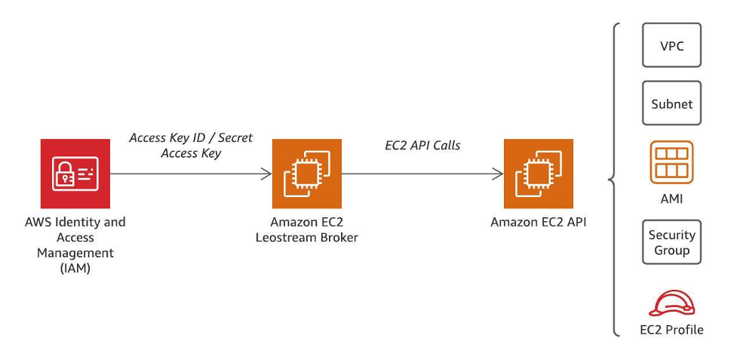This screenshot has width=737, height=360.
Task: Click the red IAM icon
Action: (x=74, y=174)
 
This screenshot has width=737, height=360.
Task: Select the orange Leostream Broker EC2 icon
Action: (x=306, y=174)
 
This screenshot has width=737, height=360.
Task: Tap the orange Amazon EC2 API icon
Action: (x=538, y=174)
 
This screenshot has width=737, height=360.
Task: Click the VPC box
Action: (x=671, y=45)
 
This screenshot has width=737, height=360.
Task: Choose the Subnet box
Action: (x=671, y=103)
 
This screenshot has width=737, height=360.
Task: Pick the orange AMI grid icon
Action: (x=671, y=162)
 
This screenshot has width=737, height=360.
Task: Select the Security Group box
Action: (x=671, y=242)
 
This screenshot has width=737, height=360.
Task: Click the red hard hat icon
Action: (x=671, y=303)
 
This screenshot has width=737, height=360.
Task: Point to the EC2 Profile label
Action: (x=671, y=330)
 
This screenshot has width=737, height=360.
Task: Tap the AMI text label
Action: (x=671, y=199)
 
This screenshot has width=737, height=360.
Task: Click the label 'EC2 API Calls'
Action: (x=422, y=145)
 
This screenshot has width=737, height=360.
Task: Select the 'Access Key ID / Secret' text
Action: (x=191, y=138)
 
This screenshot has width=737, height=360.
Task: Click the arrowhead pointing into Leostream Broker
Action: (x=267, y=174)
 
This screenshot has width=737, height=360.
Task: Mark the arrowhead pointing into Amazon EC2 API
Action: (x=499, y=174)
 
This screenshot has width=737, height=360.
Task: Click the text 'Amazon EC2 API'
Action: (x=538, y=223)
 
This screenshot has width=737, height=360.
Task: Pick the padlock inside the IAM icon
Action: (x=63, y=176)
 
